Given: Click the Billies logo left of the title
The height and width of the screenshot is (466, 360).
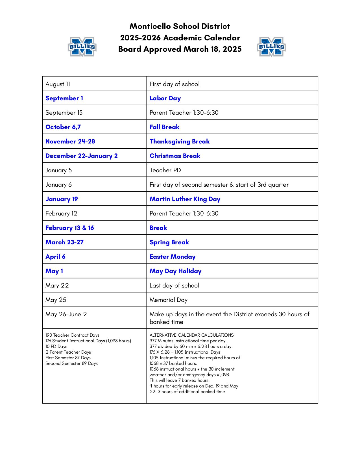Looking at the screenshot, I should pyautogui.click(x=82, y=47).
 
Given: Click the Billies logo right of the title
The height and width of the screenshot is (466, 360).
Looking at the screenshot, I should pyautogui.click(x=271, y=47).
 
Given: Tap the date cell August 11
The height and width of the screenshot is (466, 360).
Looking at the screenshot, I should pyautogui.click(x=58, y=84).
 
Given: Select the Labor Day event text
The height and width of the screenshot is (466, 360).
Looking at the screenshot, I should pyautogui.click(x=165, y=98).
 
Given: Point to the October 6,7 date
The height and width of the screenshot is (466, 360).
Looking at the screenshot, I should pyautogui.click(x=63, y=127).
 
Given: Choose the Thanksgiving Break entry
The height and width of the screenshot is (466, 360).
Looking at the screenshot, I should pyautogui.click(x=180, y=141).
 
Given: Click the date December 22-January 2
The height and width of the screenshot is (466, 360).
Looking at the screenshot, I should pyautogui.click(x=81, y=156).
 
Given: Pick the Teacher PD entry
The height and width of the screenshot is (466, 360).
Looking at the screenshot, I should pyautogui.click(x=165, y=170).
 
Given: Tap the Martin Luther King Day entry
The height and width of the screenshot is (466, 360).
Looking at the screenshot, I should pyautogui.click(x=185, y=199).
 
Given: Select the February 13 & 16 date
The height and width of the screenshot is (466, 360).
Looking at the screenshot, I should pyautogui.click(x=69, y=228).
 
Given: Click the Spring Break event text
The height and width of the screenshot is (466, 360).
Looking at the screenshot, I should pyautogui.click(x=169, y=242).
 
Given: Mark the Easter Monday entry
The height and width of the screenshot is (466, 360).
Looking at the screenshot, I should pyautogui.click(x=173, y=257).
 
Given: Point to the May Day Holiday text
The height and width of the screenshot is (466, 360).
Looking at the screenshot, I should pyautogui.click(x=175, y=271).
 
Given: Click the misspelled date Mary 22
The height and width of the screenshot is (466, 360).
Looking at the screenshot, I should pyautogui.click(x=57, y=286).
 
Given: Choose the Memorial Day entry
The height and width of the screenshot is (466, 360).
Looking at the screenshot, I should pyautogui.click(x=169, y=300).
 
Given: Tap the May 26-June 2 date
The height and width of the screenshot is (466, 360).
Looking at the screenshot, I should pyautogui.click(x=66, y=314).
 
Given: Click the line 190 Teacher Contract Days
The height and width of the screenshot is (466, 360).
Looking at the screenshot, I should pyautogui.click(x=72, y=335).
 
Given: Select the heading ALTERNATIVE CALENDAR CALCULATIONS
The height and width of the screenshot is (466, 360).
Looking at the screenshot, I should pyautogui.click(x=192, y=335).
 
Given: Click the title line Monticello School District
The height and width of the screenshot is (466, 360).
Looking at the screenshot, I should pyautogui.click(x=180, y=26).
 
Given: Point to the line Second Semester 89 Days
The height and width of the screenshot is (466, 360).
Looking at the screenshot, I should pyautogui.click(x=71, y=363).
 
